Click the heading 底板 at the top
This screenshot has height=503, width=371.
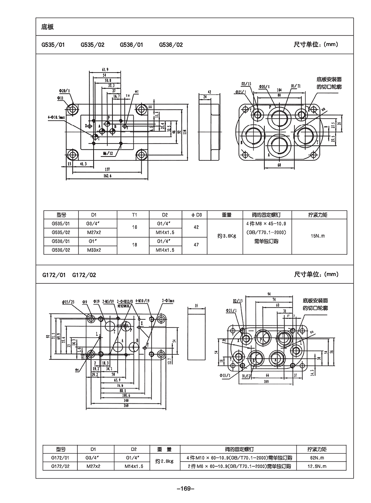(x=47, y=27)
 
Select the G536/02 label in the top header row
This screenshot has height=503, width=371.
(x=171, y=45)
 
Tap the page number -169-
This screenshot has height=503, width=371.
(x=185, y=488)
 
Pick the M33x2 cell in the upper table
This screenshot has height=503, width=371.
(x=94, y=250)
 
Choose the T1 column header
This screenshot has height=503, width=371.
(x=134, y=215)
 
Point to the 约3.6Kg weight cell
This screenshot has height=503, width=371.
(x=227, y=236)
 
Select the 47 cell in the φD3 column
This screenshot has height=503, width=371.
(x=197, y=245)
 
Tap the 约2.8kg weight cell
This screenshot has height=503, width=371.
(x=165, y=461)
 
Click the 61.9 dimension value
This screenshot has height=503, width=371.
(x=104, y=70)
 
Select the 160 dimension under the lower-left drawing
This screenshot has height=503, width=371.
(x=126, y=405)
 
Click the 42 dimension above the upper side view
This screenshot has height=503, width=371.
(x=209, y=92)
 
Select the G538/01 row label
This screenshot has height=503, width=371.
(x=61, y=241)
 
